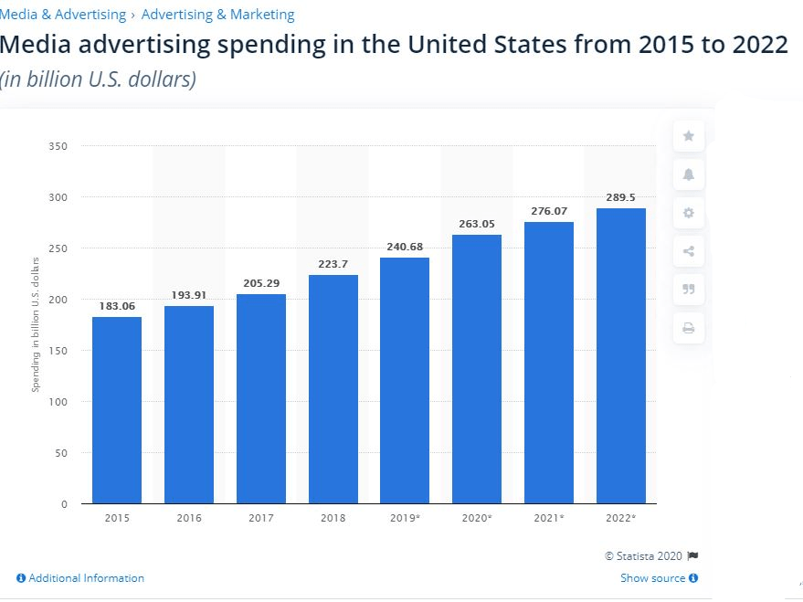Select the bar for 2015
(117, 410)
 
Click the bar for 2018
(333, 389)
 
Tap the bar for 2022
(620, 355)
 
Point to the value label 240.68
(405, 247)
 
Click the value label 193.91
(189, 295)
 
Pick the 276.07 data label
(549, 211)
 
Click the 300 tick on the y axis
(58, 197)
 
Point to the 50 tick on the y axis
(61, 453)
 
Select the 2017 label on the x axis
(261, 518)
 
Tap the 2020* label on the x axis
(477, 518)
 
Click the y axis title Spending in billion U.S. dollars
(36, 324)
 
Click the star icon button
(689, 135)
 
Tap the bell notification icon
(689, 174)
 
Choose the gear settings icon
(689, 213)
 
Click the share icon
(689, 251)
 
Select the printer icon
(689, 328)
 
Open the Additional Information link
(80, 578)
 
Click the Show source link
(659, 578)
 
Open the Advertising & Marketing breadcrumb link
(217, 15)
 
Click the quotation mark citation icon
(689, 290)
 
